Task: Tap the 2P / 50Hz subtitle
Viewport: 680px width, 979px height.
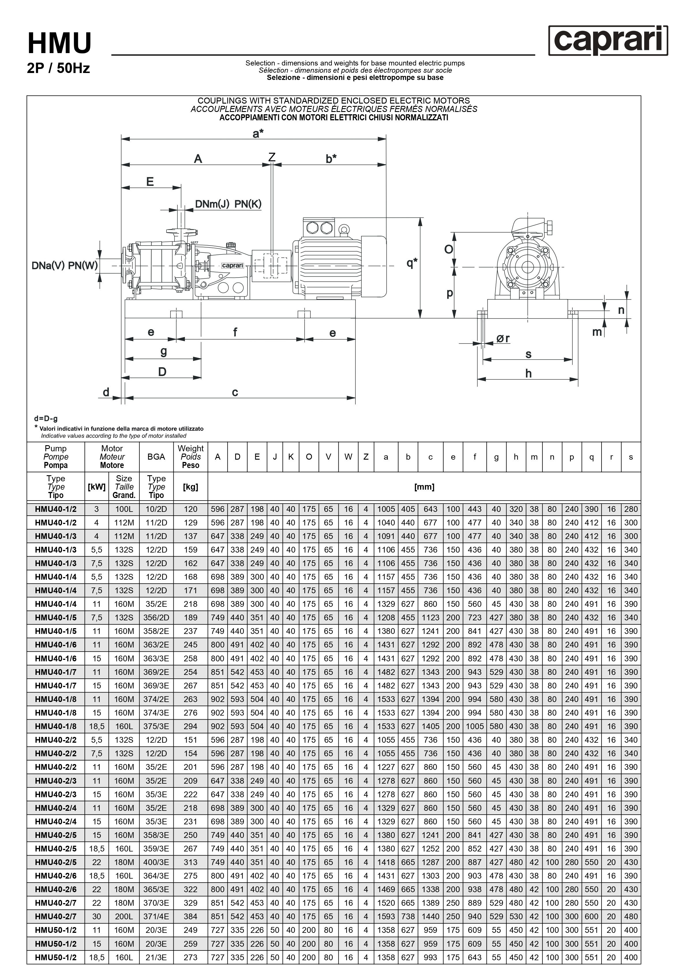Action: (x=58, y=68)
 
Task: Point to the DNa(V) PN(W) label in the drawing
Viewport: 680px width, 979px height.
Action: (x=65, y=266)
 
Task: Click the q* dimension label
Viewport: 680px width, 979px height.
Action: (x=412, y=263)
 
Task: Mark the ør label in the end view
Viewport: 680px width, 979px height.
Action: (x=503, y=339)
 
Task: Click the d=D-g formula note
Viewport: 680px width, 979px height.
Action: (x=46, y=419)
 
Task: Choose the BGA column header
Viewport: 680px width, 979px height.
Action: (x=156, y=457)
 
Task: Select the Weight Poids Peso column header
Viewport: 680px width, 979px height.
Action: (x=190, y=457)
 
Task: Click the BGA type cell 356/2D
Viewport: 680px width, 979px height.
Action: (x=156, y=617)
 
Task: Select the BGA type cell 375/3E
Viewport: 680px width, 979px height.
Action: (x=156, y=726)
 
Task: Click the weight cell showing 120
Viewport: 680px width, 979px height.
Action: (x=190, y=509)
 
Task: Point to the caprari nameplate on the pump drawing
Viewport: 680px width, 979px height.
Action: (x=232, y=266)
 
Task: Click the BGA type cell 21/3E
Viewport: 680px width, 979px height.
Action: (x=156, y=957)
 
